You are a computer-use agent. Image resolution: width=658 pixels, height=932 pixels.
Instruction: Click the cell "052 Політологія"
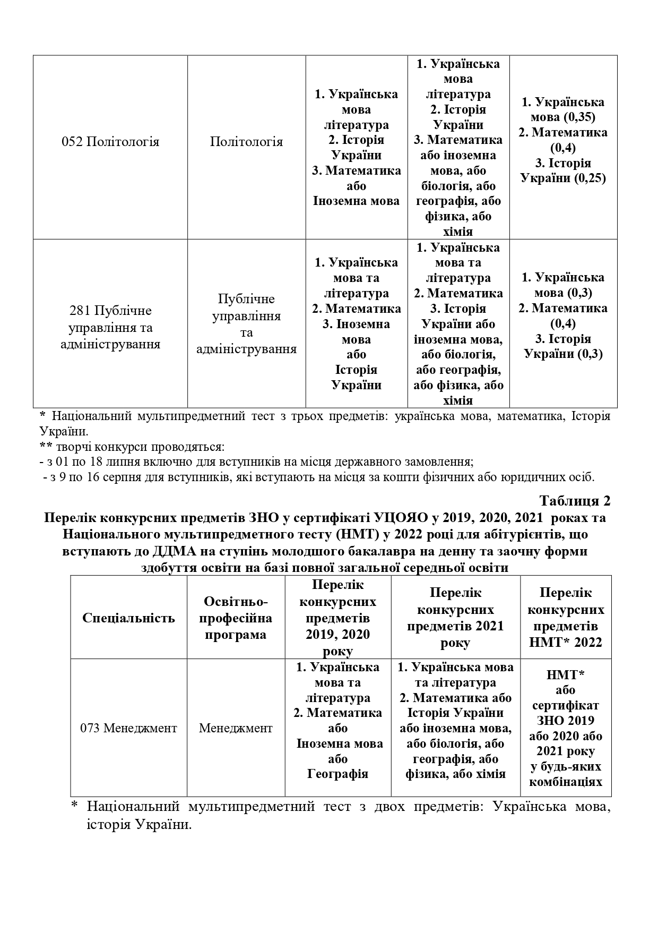point(110,142)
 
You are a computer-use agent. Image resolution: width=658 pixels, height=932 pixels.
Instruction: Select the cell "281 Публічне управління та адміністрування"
point(110,327)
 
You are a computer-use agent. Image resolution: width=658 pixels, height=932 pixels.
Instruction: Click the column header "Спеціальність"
point(128,618)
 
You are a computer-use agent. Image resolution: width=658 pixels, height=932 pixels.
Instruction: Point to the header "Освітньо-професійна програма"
point(236,618)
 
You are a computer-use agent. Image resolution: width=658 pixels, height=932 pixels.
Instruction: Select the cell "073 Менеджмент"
point(128,728)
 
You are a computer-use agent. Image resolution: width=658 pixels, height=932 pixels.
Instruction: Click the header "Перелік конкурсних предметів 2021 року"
point(455,618)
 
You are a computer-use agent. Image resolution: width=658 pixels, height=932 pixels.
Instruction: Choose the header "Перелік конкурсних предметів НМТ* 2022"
point(566,618)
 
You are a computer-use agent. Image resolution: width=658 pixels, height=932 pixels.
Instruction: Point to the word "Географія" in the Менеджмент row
point(337,773)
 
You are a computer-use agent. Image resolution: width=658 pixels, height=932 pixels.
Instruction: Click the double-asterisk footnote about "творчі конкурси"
point(132,446)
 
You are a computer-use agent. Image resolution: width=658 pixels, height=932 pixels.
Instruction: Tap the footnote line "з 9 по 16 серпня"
point(318,476)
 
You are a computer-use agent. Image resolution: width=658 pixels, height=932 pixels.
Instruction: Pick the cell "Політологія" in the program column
point(246,142)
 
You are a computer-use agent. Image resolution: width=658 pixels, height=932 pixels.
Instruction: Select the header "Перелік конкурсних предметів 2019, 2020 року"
point(337,618)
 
